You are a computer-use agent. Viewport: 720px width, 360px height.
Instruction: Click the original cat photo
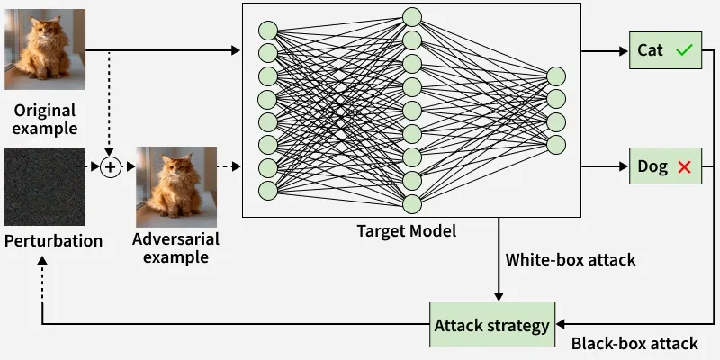[x=45, y=49]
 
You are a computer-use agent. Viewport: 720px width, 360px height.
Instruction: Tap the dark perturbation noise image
[x=45, y=187]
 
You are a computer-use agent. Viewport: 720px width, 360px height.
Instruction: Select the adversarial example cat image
[x=176, y=187]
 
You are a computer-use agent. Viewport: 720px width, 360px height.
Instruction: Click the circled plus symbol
[x=110, y=166]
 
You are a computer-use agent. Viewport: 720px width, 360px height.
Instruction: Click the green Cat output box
[x=664, y=51]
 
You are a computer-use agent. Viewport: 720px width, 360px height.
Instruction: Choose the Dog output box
[x=664, y=166]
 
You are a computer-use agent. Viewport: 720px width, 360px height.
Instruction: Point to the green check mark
[x=683, y=51]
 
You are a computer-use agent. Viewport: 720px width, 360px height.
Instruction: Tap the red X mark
[x=684, y=166]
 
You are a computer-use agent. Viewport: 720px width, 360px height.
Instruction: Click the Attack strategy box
[x=491, y=326]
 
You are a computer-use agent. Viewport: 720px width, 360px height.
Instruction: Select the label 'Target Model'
[x=407, y=231]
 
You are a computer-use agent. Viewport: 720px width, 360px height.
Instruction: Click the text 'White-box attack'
[x=571, y=260]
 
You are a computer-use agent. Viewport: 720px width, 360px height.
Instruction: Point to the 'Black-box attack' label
[x=634, y=343]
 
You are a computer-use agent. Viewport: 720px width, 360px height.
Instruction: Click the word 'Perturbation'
[x=53, y=241]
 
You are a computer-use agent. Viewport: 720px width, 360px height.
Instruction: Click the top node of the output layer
[x=556, y=76]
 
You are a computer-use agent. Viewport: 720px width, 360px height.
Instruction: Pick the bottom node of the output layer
[x=556, y=144]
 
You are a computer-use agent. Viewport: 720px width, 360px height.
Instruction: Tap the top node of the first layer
[x=268, y=30]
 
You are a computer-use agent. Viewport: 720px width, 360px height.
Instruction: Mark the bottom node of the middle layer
[x=412, y=203]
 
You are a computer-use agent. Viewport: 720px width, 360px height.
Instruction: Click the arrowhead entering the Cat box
[x=623, y=51]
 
